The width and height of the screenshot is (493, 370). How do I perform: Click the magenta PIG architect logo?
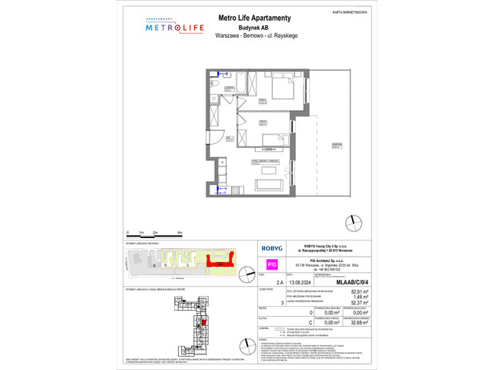pyautogui.click(x=271, y=264)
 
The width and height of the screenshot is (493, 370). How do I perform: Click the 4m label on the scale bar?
pyautogui.click(x=180, y=232)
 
